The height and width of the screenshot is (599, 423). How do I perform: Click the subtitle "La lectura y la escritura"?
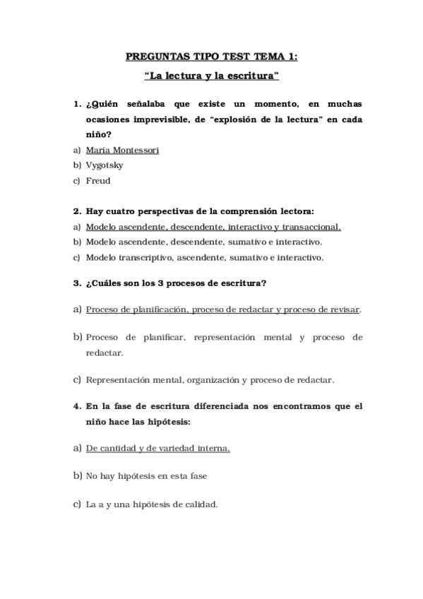click(211, 74)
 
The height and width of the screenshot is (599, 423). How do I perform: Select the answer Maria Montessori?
click(122, 150)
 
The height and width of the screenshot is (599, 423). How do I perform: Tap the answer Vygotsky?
click(105, 165)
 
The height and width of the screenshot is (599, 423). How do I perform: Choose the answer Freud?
click(98, 180)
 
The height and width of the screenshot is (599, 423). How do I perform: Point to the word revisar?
click(342, 309)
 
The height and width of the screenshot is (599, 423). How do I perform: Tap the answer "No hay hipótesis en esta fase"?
click(146, 476)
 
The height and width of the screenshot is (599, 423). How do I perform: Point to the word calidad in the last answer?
click(200, 504)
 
